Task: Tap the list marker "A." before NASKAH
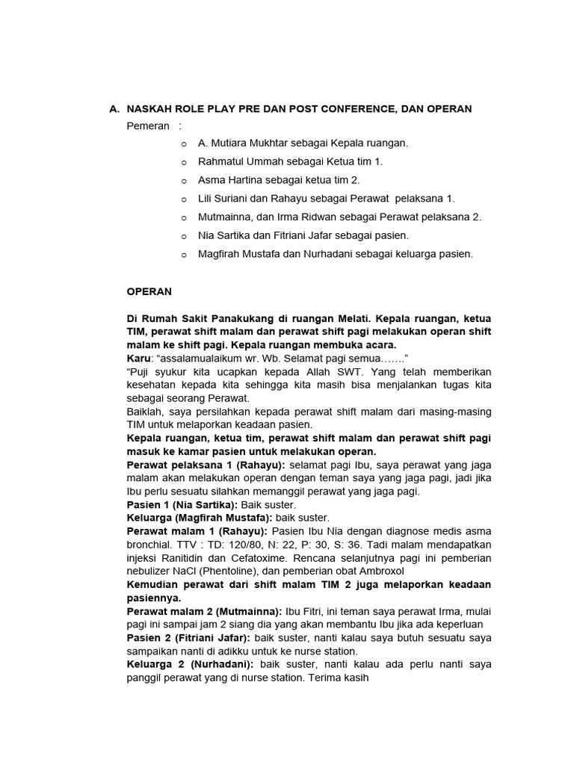[x=114, y=109]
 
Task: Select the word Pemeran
[x=148, y=126]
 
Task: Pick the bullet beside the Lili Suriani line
[x=184, y=199]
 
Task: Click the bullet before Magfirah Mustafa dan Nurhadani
[x=184, y=255]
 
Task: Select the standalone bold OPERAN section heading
[x=149, y=291]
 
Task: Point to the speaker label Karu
[x=139, y=359]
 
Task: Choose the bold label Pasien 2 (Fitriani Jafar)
[x=189, y=638]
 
